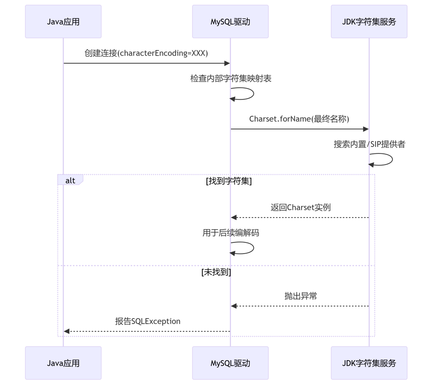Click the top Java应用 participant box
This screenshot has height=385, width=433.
(x=63, y=22)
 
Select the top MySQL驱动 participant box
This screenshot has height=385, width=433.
(x=230, y=22)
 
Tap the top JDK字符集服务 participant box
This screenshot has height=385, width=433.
(x=369, y=22)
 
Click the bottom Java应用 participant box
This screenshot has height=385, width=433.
(x=63, y=363)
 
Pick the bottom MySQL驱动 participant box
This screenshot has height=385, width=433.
(x=230, y=363)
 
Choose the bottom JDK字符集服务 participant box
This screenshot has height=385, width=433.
(x=369, y=363)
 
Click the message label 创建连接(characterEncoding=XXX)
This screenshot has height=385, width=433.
(x=146, y=53)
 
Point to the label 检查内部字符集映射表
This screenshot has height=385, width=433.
(x=231, y=79)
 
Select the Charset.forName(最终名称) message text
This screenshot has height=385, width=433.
(x=299, y=119)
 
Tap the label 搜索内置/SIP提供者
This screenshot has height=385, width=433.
(x=370, y=144)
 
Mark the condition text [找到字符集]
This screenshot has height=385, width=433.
(x=229, y=181)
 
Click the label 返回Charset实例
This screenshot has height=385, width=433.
(x=301, y=207)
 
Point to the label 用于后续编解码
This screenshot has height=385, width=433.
(x=231, y=233)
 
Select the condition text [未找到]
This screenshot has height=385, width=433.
(x=216, y=272)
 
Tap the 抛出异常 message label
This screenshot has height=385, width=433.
(x=301, y=296)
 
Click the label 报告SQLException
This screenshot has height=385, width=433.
(x=148, y=321)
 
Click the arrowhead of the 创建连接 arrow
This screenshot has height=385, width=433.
(x=227, y=63)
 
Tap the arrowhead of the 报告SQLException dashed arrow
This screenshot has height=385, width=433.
(x=67, y=331)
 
